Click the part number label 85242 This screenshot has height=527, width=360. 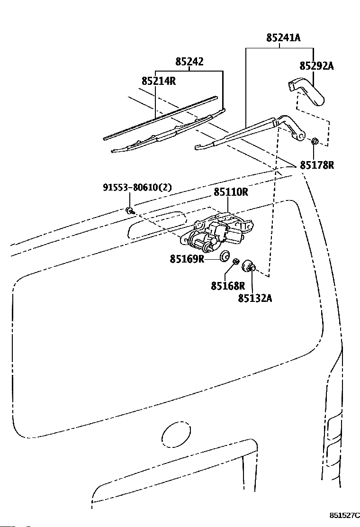[x=189, y=62]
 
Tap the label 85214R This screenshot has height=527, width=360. [x=159, y=81]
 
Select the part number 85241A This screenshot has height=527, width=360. [x=283, y=37]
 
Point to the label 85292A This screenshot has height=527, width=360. [x=317, y=66]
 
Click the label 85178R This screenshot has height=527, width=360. [x=317, y=165]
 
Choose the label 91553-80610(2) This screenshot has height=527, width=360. [x=137, y=187]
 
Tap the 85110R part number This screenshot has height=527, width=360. [x=231, y=192]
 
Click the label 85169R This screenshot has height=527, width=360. [x=187, y=259]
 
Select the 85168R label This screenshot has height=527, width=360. [x=228, y=286]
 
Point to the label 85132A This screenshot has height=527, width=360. [x=255, y=298]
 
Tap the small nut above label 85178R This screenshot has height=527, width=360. [x=315, y=141]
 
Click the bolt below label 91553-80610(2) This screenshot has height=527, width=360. [x=130, y=211]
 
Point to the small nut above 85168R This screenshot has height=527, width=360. [x=236, y=261]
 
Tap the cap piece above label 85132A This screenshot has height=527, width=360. [x=249, y=266]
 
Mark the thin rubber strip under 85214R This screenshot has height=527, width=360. [x=161, y=118]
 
